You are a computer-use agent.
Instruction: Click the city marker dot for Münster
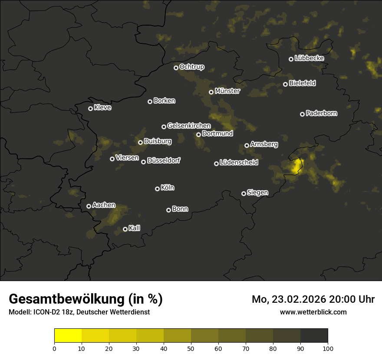pos(211,92)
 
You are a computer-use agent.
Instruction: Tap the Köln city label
pos(168,188)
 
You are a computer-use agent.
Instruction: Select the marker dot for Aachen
pos(89,206)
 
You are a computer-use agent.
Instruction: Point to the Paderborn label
pos(321,113)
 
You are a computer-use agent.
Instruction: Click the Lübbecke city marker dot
pos(291,59)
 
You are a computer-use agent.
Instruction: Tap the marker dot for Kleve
pos(90,108)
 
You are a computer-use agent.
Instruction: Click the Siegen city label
pos(257,193)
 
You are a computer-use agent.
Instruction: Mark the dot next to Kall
pos(125,229)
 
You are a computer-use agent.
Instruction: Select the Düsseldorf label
pos(164,160)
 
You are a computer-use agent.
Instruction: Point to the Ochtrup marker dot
pos(176,68)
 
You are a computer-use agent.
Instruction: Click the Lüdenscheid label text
pos(239,162)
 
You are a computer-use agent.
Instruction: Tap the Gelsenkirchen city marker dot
pos(164,127)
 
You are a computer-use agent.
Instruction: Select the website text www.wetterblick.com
pos(313,312)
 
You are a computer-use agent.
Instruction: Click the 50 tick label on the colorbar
pos(191,348)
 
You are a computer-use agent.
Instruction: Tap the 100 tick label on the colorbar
pos(328,348)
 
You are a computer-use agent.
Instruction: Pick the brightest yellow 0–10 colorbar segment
pos(68,335)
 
